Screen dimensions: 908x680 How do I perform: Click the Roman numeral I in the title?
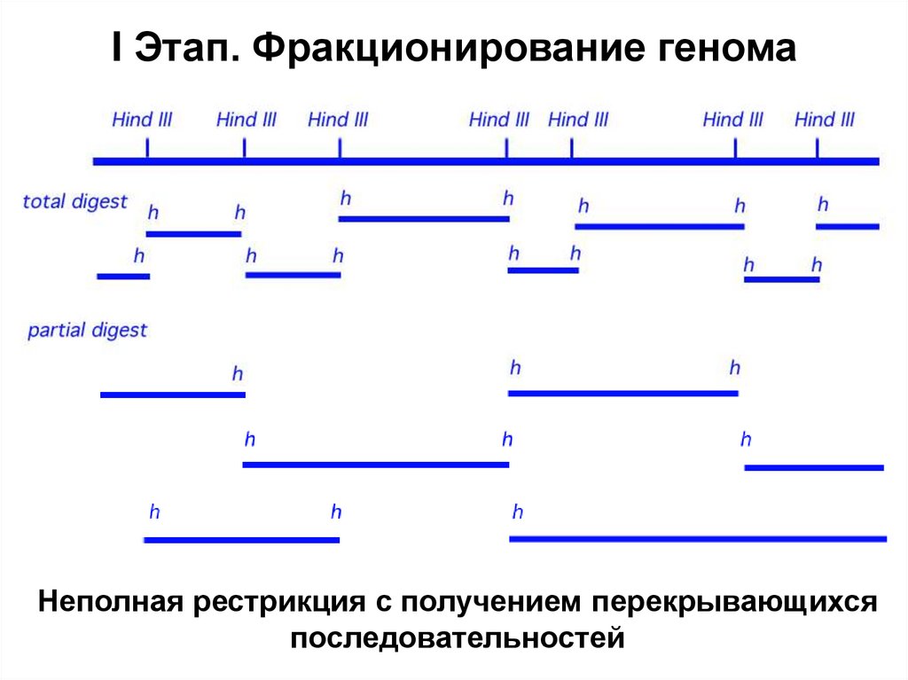tap(117, 49)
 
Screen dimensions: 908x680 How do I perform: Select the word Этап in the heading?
tap(184, 50)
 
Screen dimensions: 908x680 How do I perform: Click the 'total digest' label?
tap(74, 202)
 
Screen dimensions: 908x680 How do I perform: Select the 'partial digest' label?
tap(87, 331)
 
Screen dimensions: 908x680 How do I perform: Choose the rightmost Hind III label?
tap(825, 119)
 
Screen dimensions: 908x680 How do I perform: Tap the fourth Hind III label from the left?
tap(499, 119)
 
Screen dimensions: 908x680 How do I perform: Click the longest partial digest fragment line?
tap(698, 538)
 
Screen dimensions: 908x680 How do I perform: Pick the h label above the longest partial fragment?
tap(517, 512)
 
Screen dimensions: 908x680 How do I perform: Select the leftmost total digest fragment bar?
tap(123, 277)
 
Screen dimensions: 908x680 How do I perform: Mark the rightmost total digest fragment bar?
tap(847, 227)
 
